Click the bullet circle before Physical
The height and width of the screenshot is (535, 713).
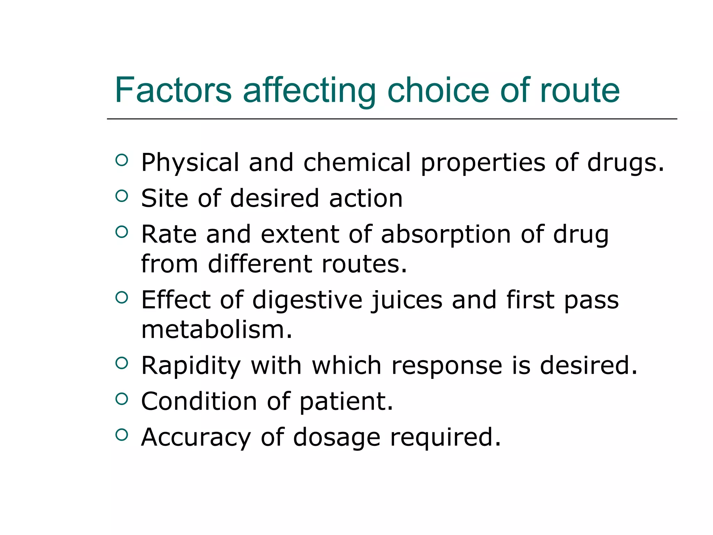(x=122, y=160)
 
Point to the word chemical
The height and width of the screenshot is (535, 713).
(x=357, y=162)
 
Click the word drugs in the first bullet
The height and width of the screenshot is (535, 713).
(x=625, y=163)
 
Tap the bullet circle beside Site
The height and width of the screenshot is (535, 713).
(x=122, y=196)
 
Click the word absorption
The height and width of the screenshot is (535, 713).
(x=446, y=235)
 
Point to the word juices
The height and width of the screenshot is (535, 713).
(x=406, y=300)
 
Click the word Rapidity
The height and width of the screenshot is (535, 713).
(x=191, y=366)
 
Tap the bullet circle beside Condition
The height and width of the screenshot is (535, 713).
(x=122, y=399)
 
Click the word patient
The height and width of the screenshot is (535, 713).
(x=346, y=402)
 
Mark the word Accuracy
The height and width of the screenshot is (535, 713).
(x=196, y=438)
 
